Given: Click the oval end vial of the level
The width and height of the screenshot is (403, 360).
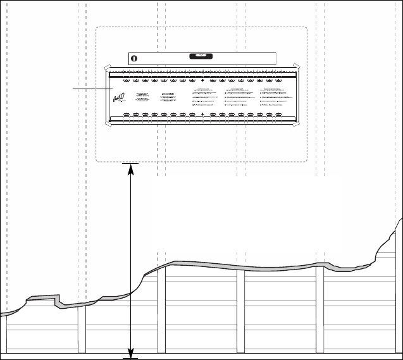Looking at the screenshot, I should tap(134, 58).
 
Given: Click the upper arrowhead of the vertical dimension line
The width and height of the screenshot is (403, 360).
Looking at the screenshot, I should tap(130, 168).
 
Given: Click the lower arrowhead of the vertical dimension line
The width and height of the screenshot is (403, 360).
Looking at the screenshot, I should tap(130, 351).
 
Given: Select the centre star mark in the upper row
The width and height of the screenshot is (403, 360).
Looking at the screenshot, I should tap(202, 81).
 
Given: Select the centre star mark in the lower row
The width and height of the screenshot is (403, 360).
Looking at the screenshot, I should tap(202, 115).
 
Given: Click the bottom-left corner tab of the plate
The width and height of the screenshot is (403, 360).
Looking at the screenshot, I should tap(108, 125).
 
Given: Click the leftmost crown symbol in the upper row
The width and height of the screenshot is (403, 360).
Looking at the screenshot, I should tap(125, 81).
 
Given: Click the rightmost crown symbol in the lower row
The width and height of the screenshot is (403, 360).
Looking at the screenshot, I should tap(278, 115).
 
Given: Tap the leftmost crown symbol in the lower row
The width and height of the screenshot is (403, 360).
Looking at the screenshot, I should tap(125, 115).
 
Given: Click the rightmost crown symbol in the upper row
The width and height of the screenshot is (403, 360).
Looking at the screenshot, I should tap(278, 81).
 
